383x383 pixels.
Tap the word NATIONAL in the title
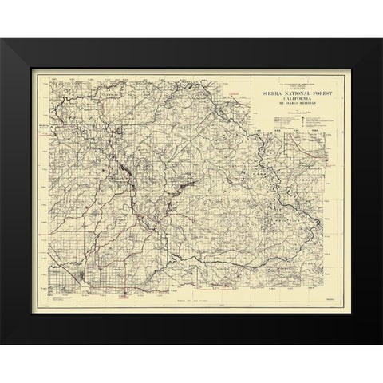tap(289, 92)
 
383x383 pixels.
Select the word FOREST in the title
tap(314, 92)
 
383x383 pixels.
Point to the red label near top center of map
tap(233, 94)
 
